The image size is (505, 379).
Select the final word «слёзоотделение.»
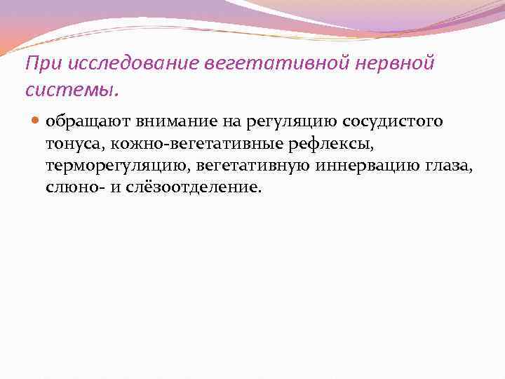[x=189, y=188]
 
